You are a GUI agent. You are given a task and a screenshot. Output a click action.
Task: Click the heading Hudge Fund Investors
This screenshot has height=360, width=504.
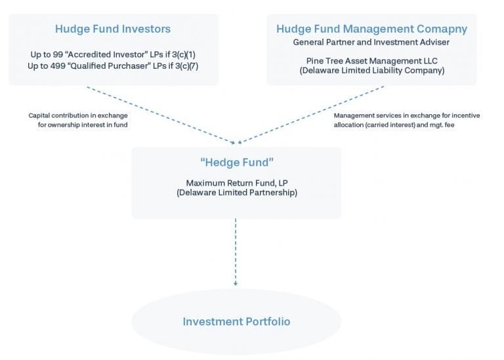click(113, 29)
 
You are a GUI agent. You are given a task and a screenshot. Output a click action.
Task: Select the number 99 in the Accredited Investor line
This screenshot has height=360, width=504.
click(58, 54)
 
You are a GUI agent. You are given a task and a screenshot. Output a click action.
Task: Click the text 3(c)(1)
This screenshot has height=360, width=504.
click(184, 54)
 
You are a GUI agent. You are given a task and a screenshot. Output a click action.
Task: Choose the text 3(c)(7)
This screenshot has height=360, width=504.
click(187, 66)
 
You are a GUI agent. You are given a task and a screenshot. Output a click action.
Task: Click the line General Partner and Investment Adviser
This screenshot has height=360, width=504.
click(371, 43)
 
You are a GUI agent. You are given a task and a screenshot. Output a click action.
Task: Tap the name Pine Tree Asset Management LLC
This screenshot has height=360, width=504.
click(372, 61)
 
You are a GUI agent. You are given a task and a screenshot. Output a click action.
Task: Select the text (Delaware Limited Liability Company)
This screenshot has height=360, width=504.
click(372, 71)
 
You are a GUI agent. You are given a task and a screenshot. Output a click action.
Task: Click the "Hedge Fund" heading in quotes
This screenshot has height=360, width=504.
click(237, 163)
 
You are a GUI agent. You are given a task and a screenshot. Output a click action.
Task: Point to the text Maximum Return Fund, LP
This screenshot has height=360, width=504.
click(237, 183)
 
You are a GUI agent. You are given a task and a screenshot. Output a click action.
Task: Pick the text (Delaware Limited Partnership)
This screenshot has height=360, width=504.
click(237, 193)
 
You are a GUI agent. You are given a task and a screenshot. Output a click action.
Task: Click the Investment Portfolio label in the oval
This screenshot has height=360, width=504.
click(236, 322)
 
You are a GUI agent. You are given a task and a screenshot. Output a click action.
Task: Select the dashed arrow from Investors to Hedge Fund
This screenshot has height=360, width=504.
click(161, 115)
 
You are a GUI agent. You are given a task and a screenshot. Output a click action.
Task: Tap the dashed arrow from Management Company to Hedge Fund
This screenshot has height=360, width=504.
click(311, 114)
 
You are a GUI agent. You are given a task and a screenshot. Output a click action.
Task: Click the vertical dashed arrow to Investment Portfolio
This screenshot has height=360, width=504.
click(236, 252)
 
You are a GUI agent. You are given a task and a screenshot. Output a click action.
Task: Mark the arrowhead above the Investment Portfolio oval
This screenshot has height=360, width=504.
click(236, 283)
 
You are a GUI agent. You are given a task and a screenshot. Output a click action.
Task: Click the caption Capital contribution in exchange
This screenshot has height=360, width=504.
click(78, 115)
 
